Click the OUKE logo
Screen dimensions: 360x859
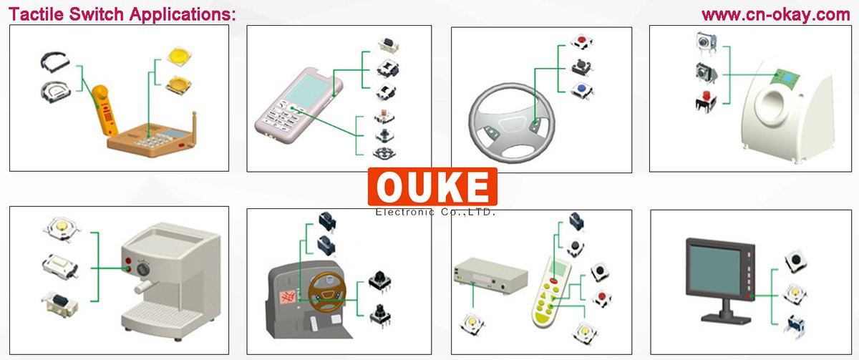click(432, 187)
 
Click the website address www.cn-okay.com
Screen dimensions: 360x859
click(775, 14)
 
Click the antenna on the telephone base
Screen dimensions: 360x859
click(194, 125)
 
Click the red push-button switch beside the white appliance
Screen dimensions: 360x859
click(704, 100)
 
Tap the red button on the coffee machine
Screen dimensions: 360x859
click(129, 261)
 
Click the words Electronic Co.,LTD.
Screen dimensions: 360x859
click(435, 212)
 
